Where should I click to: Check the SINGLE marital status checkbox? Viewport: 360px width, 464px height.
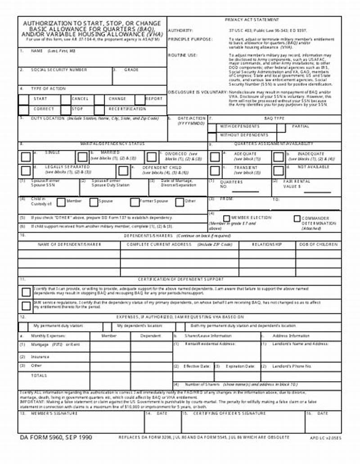pyautogui.click(x=26, y=157)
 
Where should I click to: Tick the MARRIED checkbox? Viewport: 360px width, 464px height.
pyautogui.click(x=82, y=157)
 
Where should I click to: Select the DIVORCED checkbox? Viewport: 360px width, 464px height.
pyautogui.click(x=152, y=157)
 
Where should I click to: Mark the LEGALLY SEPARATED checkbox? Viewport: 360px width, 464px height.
pyautogui.click(x=26, y=170)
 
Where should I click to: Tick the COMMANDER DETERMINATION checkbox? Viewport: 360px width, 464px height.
pyautogui.click(x=297, y=219)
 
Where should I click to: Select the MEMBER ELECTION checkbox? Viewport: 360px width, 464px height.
pyautogui.click(x=227, y=219)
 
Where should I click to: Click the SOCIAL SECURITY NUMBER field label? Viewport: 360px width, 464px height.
pyautogui.click(x=59, y=70)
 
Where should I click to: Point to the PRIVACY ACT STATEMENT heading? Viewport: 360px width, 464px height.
pyautogui.click(x=252, y=20)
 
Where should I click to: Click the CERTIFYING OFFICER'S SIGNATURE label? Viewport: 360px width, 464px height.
pyautogui.click(x=229, y=413)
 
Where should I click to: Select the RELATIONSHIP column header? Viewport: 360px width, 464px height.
pyautogui.click(x=267, y=244)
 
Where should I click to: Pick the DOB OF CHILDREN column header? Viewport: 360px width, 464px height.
pyautogui.click(x=318, y=244)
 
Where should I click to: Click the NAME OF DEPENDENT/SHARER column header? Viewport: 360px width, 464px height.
pyautogui.click(x=69, y=244)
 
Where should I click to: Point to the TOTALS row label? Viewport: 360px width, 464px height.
pyautogui.click(x=39, y=375)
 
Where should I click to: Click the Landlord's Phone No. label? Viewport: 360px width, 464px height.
pyautogui.click(x=292, y=366)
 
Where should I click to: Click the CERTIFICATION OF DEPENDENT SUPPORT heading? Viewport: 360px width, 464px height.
pyautogui.click(x=180, y=279)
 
